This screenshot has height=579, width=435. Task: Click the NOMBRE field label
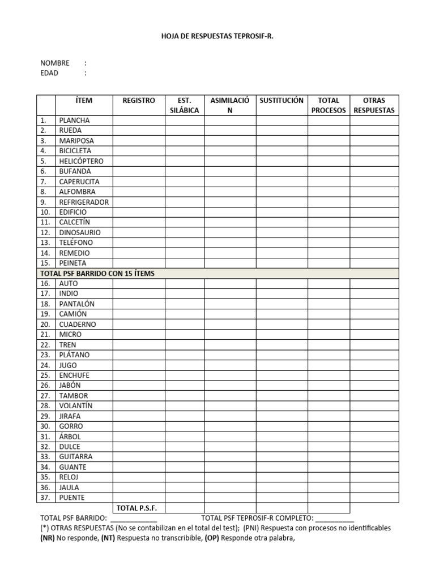pos(54,63)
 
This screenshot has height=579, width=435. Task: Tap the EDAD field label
pos(49,73)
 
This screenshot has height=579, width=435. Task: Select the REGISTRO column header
pos(139,101)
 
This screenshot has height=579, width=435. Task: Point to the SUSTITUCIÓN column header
pos(282,101)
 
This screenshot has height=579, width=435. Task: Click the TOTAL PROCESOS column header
pos(329,105)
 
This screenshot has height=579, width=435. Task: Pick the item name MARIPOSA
pos(76,141)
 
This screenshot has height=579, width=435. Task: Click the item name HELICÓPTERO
pos(82,161)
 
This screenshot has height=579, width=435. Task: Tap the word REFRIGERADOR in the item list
pos(84,202)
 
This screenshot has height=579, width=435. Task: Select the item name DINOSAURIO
pos(80,232)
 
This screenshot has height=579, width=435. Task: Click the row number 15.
pos(45,263)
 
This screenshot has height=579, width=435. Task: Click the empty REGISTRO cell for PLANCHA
pos(139,120)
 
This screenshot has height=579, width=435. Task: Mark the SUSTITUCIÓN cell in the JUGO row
pos(282,365)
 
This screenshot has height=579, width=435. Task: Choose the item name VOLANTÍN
pos(75,406)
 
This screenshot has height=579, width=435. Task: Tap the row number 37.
pos(45,498)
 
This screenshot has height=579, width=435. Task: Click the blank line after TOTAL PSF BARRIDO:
pos(134,519)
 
